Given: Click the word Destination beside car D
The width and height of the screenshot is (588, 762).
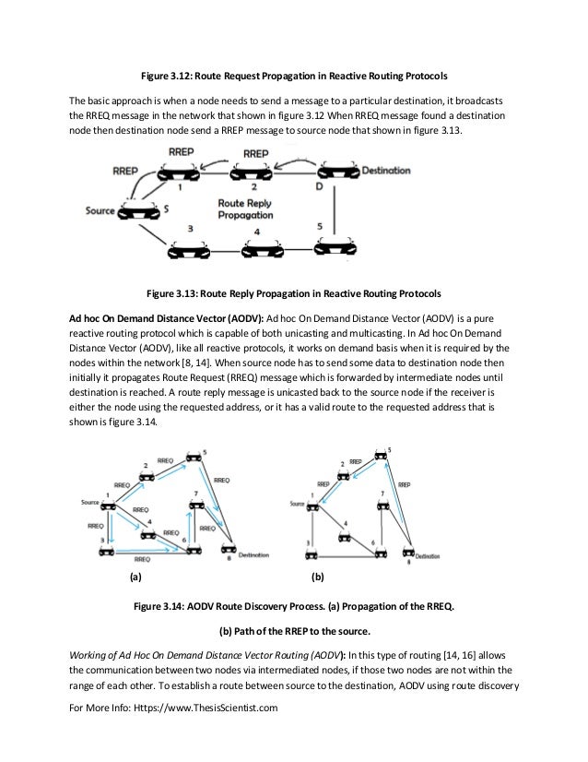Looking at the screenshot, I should point(386,172).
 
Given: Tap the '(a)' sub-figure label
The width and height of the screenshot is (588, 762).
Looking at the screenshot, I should point(135,579).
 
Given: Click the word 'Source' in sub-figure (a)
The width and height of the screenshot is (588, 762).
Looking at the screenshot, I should point(89,502).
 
